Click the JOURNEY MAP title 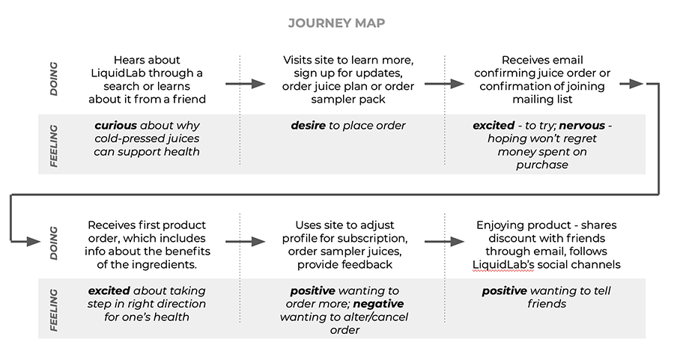pos(336,22)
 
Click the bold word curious pos(115,126)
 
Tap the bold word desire pos(309,126)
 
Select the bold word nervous pos(582,126)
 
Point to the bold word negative pos(379,304)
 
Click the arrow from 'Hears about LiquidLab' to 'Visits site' pos(246,84)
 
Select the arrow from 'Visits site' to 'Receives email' pos(444,84)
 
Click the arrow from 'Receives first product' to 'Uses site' pos(246,242)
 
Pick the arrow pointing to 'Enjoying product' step pos(444,242)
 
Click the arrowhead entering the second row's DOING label pos(34,242)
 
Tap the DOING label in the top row pos(54,79)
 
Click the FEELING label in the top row pos(54,146)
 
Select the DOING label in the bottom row pos(54,243)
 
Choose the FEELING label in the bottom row pos(54,310)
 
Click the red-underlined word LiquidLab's pos(503,265)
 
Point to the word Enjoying pos(498,225)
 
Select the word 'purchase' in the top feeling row pos(542,165)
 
